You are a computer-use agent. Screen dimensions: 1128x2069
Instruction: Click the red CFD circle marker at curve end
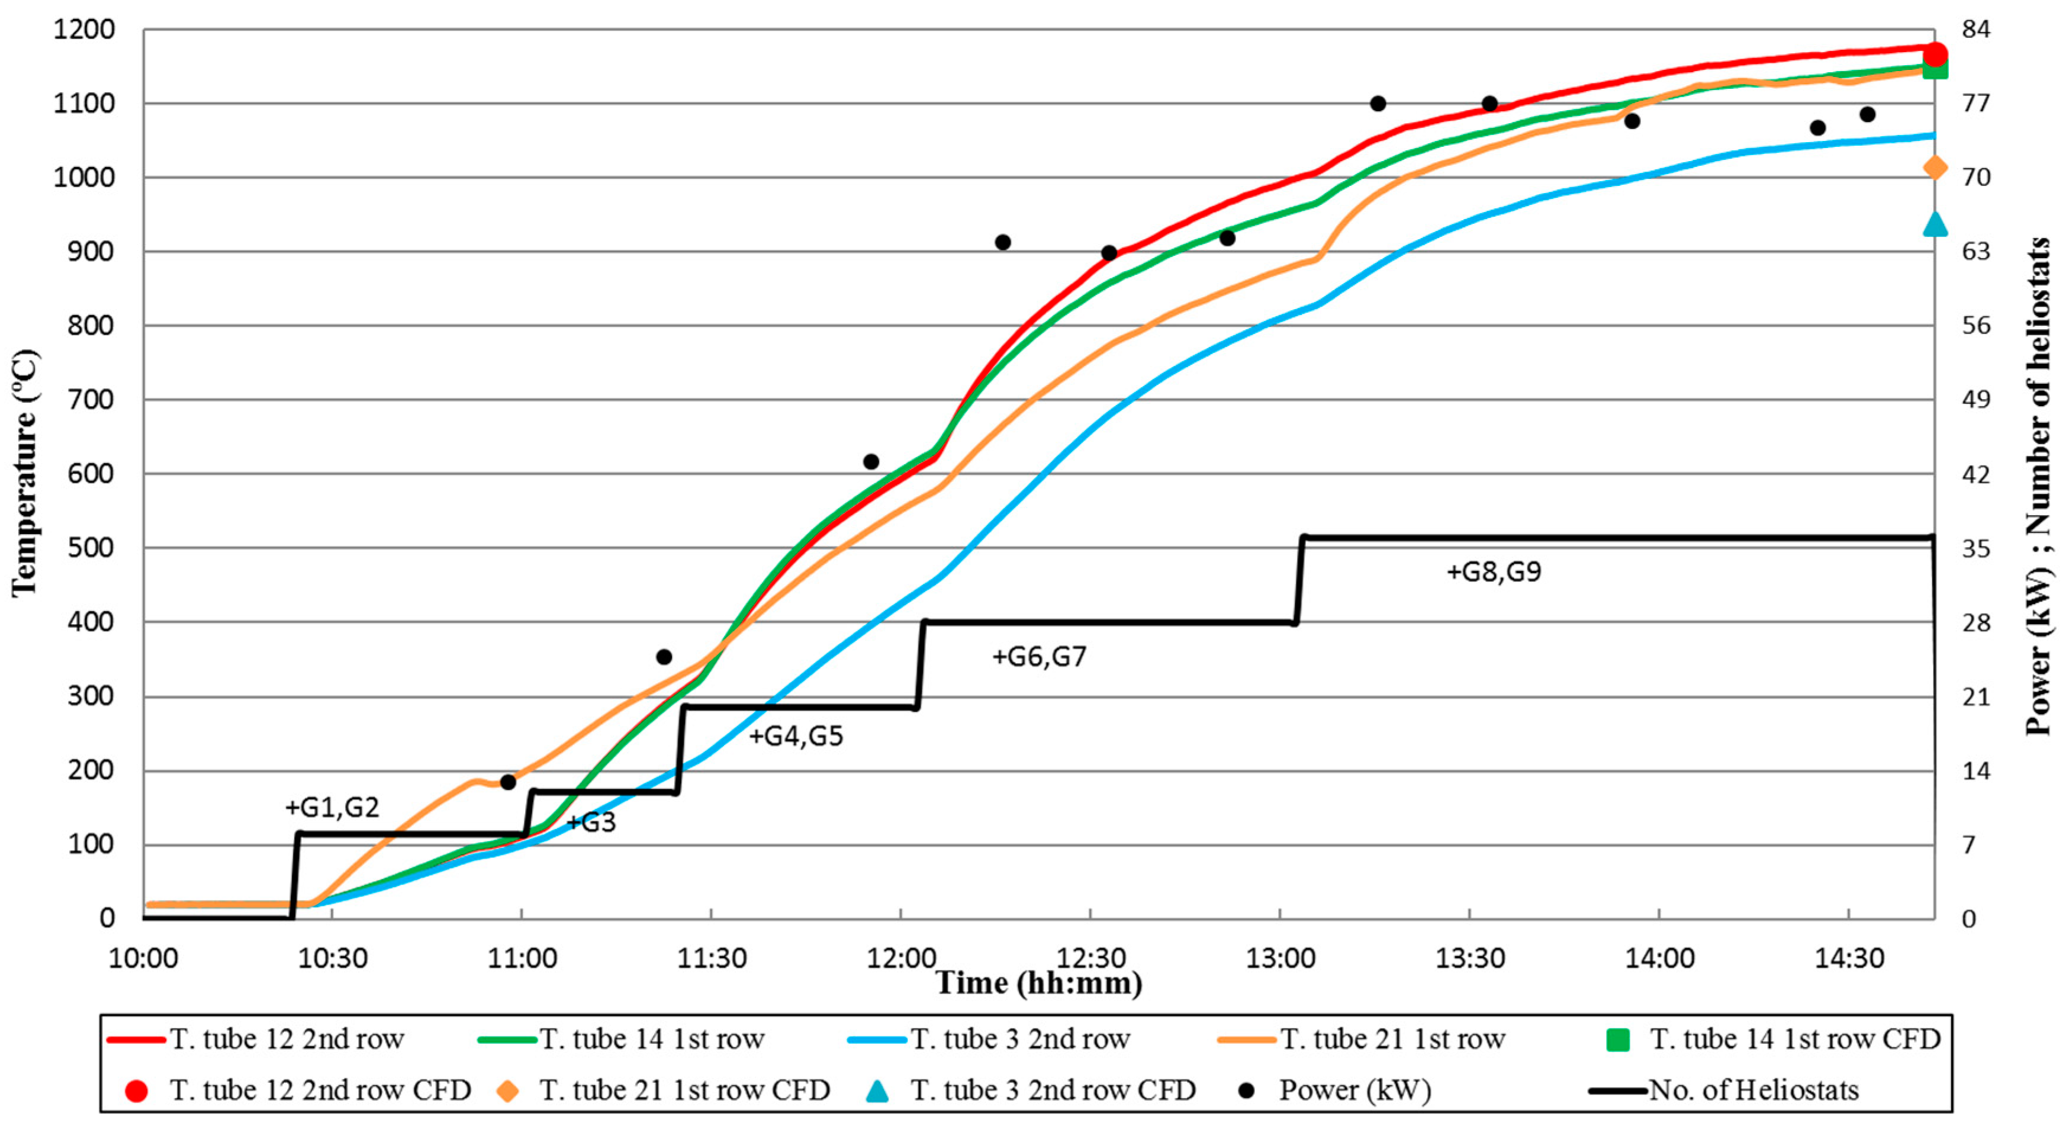[1934, 54]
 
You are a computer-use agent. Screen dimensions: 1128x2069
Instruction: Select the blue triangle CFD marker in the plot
[1935, 224]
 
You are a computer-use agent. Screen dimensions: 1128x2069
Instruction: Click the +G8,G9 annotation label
[1494, 572]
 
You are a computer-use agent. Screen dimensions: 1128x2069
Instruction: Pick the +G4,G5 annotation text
[796, 736]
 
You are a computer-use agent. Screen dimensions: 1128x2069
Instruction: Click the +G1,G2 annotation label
[332, 806]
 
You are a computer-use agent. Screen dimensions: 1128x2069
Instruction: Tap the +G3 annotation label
[591, 822]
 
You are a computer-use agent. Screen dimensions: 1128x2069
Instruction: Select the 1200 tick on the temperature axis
[83, 30]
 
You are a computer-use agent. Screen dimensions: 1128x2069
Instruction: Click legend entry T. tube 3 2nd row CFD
[1052, 1090]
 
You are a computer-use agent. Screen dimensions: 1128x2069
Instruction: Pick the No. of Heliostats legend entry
[1753, 1090]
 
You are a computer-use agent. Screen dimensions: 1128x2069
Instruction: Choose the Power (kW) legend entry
[1354, 1090]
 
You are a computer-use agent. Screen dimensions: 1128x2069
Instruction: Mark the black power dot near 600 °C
[871, 462]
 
